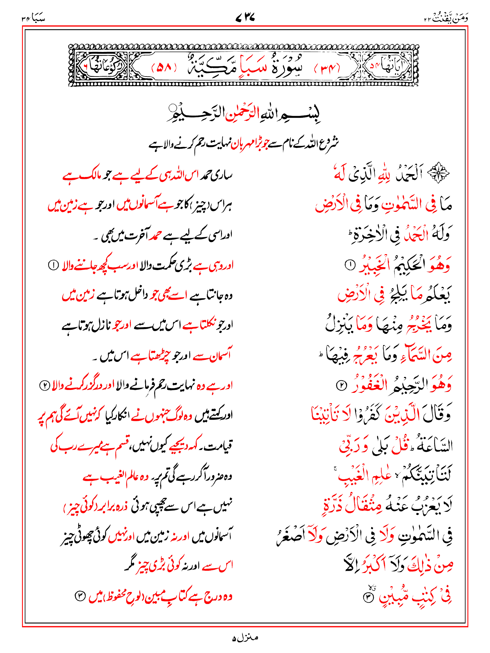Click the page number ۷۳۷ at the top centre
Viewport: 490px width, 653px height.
pyautogui.click(x=245, y=17)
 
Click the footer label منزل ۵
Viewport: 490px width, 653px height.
pyautogui.click(x=245, y=638)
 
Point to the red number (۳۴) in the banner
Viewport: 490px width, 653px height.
pyautogui.click(x=327, y=68)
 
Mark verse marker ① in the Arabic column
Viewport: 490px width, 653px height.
pyautogui.click(x=350, y=264)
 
